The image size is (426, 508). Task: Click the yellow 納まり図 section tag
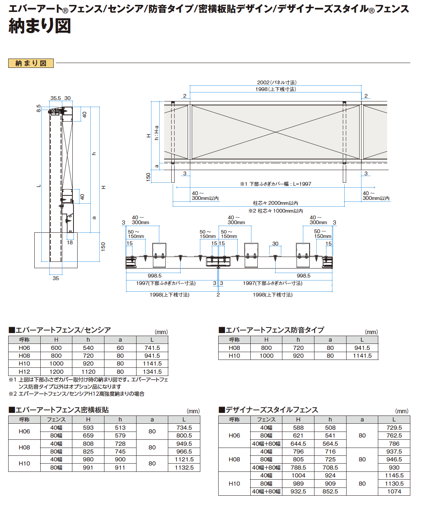coord(31,63)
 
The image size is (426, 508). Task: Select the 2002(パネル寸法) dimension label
coord(277,82)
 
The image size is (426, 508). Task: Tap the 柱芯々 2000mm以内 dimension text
coord(275,203)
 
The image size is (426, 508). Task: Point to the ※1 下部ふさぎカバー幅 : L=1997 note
coord(276,184)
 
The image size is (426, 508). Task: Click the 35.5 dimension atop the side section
coord(56,98)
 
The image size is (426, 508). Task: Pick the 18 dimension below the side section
coord(70,242)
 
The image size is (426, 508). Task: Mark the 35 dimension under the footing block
coord(56,278)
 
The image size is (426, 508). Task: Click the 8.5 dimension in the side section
coord(38,108)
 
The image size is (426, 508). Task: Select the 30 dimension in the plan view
coord(275,244)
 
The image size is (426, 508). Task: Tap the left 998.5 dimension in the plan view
coord(154,276)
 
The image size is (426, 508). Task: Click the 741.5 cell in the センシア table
coord(152,348)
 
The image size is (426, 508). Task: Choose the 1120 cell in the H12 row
coord(88,372)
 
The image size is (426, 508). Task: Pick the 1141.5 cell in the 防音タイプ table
coord(362,356)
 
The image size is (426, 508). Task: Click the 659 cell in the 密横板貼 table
coord(88,436)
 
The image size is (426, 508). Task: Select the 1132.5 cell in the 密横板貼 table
coord(184,467)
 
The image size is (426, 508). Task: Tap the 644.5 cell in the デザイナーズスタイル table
coord(298,443)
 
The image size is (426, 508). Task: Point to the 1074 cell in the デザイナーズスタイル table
coord(394,491)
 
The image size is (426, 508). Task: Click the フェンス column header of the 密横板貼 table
coord(56,420)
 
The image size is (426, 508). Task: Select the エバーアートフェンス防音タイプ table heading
coord(272,330)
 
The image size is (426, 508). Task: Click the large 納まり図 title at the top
coord(40,26)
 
